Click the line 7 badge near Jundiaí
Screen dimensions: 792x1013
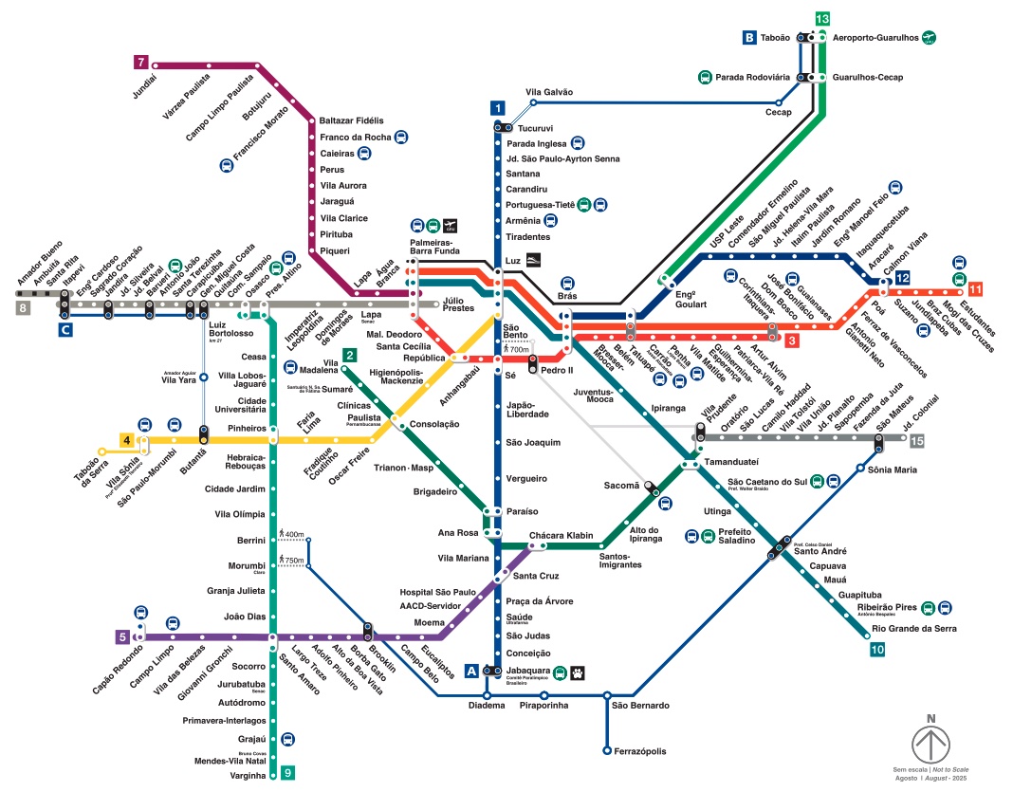tap(141, 63)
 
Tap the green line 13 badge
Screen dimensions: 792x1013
tap(822, 19)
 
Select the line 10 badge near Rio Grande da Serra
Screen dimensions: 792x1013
tap(876, 650)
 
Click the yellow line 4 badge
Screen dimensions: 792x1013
tap(126, 440)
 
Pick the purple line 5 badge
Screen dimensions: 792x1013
tap(122, 637)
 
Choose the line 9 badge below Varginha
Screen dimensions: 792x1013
tap(288, 773)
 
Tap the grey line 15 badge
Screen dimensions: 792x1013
tap(916, 440)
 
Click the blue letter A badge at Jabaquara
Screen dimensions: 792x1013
tap(472, 672)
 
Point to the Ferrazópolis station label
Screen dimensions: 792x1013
tap(638, 751)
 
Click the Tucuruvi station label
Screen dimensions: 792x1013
tap(536, 127)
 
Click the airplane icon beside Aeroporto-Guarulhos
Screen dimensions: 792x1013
tap(930, 37)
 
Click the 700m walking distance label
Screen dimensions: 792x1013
tap(518, 350)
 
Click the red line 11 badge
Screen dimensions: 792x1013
tap(975, 288)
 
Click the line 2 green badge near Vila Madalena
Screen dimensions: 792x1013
tap(350, 356)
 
